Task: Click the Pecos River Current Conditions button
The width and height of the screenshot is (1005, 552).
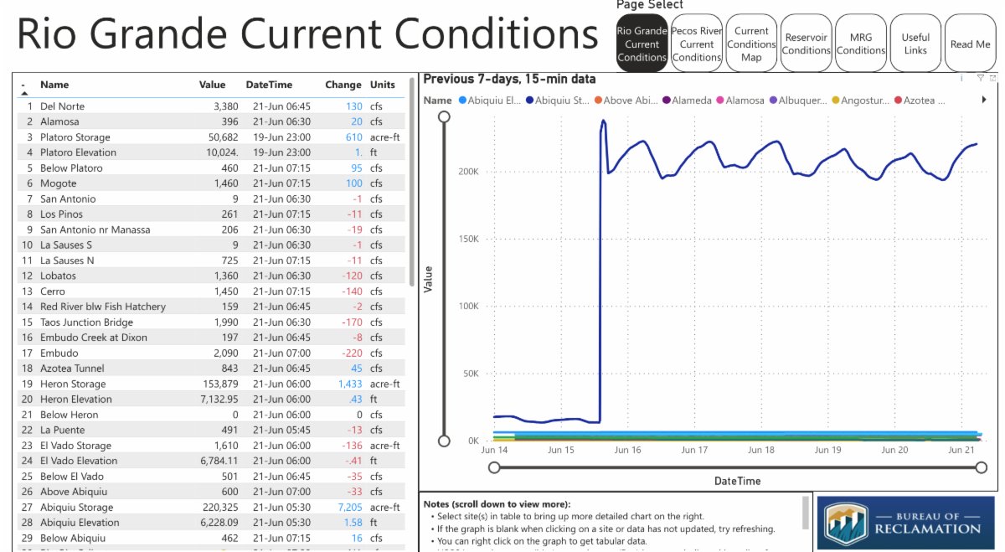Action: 697,44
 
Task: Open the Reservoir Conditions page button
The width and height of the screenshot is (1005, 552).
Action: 806,44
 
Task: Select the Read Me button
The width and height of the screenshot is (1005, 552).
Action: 970,44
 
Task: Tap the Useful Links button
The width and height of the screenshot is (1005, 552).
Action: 915,44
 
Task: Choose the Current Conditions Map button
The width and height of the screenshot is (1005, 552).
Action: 751,44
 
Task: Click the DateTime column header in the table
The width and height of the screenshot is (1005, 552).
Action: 269,85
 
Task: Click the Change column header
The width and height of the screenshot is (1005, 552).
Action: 343,85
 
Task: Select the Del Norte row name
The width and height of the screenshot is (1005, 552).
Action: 62,106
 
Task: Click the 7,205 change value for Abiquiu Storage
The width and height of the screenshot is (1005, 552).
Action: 350,507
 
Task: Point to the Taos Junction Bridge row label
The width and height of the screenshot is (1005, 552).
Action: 86,322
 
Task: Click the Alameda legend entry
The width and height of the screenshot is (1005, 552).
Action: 689,100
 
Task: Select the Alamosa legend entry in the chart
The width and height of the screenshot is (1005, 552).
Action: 743,100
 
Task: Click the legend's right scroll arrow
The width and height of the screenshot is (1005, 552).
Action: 984,100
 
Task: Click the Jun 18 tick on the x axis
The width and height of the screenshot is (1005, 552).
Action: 760,450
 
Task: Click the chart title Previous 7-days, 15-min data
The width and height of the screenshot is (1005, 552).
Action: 509,79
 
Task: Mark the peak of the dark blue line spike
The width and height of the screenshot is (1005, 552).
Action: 603,121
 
